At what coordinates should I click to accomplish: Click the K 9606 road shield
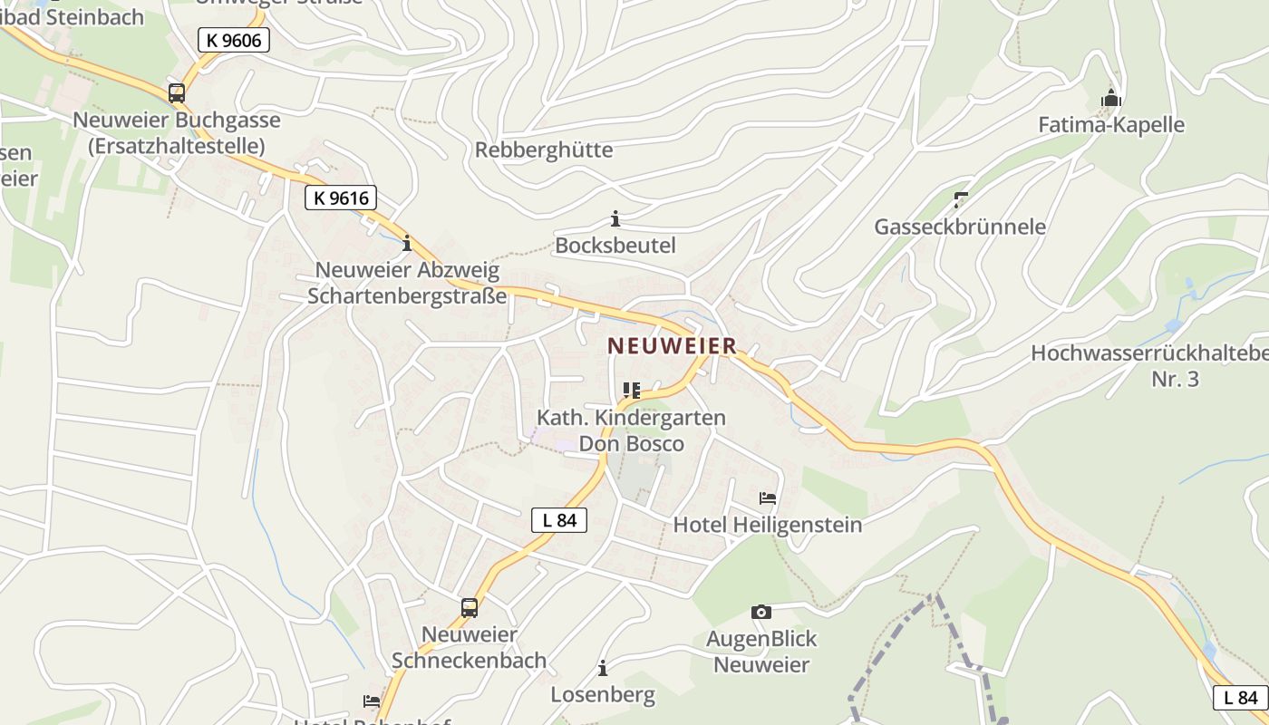coord(234,39)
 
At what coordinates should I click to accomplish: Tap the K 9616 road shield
coord(340,198)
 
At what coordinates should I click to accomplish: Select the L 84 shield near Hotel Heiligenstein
coord(559,520)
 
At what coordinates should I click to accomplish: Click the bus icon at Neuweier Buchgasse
coord(177,92)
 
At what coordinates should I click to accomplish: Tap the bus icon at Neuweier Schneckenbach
coord(469,607)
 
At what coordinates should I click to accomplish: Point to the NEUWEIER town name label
coord(672,346)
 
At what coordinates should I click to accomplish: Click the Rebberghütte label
coord(544,150)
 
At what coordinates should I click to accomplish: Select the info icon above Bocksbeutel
coord(615,218)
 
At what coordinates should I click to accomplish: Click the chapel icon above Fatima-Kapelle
coord(1111,98)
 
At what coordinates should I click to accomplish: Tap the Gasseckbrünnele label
coord(960,227)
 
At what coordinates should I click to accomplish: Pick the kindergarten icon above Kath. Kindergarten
coord(632,391)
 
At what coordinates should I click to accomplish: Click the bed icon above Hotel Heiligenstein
coord(768,498)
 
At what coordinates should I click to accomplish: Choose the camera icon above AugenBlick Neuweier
coord(761,612)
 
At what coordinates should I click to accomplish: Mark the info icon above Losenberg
coord(603,669)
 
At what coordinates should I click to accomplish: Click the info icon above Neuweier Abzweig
coord(407,243)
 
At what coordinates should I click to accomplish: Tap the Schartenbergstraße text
coord(407,295)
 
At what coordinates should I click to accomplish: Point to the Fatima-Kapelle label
coord(1111,124)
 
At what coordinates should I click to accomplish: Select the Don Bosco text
coord(632,444)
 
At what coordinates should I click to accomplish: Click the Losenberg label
coord(603,695)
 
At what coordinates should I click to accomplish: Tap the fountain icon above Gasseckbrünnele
coord(961,199)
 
